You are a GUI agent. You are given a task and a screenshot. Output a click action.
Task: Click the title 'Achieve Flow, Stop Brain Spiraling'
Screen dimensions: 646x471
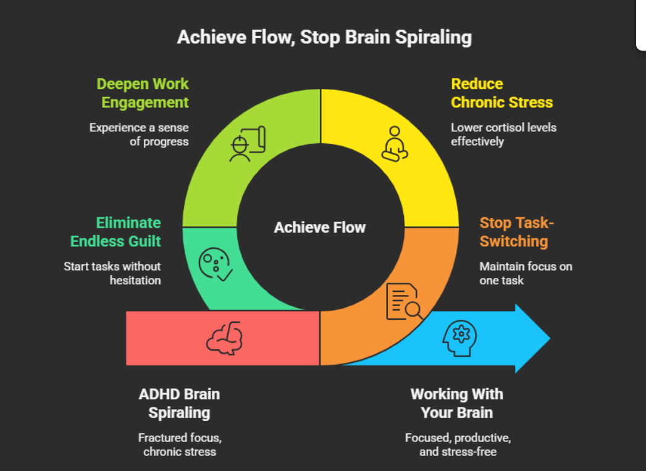(x=324, y=37)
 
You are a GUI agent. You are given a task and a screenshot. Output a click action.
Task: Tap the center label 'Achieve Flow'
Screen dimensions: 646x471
(x=320, y=227)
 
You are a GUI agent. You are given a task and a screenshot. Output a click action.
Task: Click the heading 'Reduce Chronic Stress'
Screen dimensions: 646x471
(x=501, y=93)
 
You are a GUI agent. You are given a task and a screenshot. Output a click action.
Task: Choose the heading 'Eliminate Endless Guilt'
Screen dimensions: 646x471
(x=115, y=232)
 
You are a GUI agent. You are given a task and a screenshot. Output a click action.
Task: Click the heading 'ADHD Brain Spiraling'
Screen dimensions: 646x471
(x=179, y=403)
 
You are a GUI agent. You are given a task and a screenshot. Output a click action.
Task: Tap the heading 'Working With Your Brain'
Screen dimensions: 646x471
(x=456, y=403)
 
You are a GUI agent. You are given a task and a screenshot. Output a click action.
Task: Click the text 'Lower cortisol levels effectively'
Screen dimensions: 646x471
(x=503, y=135)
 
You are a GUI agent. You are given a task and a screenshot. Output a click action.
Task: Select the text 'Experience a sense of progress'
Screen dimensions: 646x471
(x=139, y=135)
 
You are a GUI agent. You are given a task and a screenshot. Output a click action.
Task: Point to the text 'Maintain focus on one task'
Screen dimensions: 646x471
(x=526, y=273)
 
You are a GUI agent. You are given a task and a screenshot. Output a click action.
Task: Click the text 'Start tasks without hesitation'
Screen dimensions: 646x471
(x=112, y=273)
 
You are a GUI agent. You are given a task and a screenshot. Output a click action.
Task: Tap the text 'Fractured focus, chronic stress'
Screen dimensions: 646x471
(x=180, y=444)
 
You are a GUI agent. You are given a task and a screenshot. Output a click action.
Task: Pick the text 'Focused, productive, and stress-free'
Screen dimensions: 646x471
(x=458, y=444)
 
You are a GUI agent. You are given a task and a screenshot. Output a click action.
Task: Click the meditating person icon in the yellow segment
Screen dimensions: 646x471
(x=393, y=144)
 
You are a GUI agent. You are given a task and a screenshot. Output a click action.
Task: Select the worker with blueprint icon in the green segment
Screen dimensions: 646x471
(x=246, y=144)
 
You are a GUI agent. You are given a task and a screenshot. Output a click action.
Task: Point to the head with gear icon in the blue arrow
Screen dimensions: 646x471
(x=460, y=338)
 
